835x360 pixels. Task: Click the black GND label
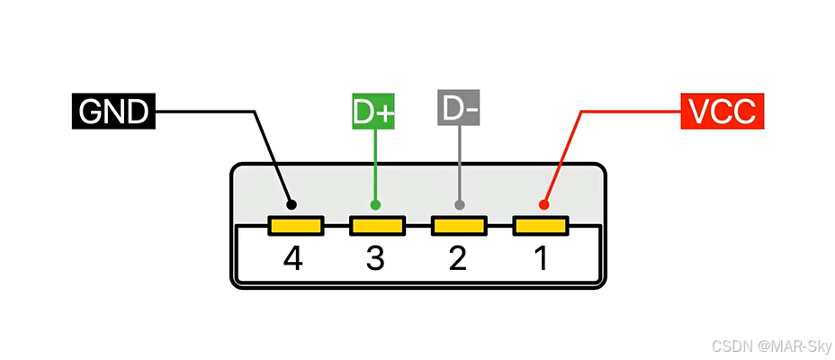[112, 112]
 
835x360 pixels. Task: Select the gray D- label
[460, 109]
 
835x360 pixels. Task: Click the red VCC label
[723, 112]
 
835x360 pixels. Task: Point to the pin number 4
[292, 259]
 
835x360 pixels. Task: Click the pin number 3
[375, 259]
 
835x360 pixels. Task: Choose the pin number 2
[458, 259]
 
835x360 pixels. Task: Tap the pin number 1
[541, 259]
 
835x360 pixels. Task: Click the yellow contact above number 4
[294, 225]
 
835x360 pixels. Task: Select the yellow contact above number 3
[377, 225]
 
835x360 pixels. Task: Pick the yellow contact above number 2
[459, 225]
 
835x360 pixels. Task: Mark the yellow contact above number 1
[541, 225]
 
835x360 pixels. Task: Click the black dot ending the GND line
[291, 204]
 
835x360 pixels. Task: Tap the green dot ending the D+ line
[375, 205]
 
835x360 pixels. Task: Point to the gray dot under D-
[460, 205]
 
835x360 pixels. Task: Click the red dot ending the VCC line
[543, 205]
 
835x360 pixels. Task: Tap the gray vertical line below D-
[460, 162]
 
